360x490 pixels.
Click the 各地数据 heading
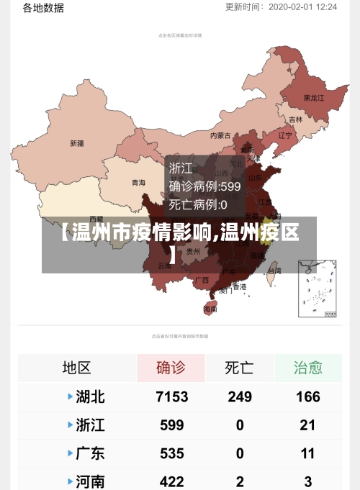click(x=43, y=8)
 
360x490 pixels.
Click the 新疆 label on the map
click(x=76, y=143)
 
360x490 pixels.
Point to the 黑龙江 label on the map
click(x=314, y=98)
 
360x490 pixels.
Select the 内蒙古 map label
click(x=220, y=135)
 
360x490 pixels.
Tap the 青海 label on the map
click(x=138, y=183)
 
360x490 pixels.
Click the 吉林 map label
click(x=296, y=119)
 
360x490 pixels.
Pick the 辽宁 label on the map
click(x=285, y=135)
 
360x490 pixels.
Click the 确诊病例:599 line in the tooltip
click(x=204, y=186)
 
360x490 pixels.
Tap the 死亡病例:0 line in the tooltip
click(x=198, y=204)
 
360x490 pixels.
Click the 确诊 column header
click(x=171, y=368)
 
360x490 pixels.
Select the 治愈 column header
click(x=307, y=368)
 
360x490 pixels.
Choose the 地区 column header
click(x=76, y=368)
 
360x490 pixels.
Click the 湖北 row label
click(x=90, y=396)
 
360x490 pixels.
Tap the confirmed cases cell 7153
click(x=171, y=396)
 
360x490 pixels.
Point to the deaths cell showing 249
click(x=240, y=396)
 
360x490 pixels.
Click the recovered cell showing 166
click(x=307, y=396)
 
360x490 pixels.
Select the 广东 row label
click(x=90, y=453)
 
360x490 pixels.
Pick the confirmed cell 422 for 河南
click(x=171, y=481)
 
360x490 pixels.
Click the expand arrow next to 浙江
click(x=70, y=425)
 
